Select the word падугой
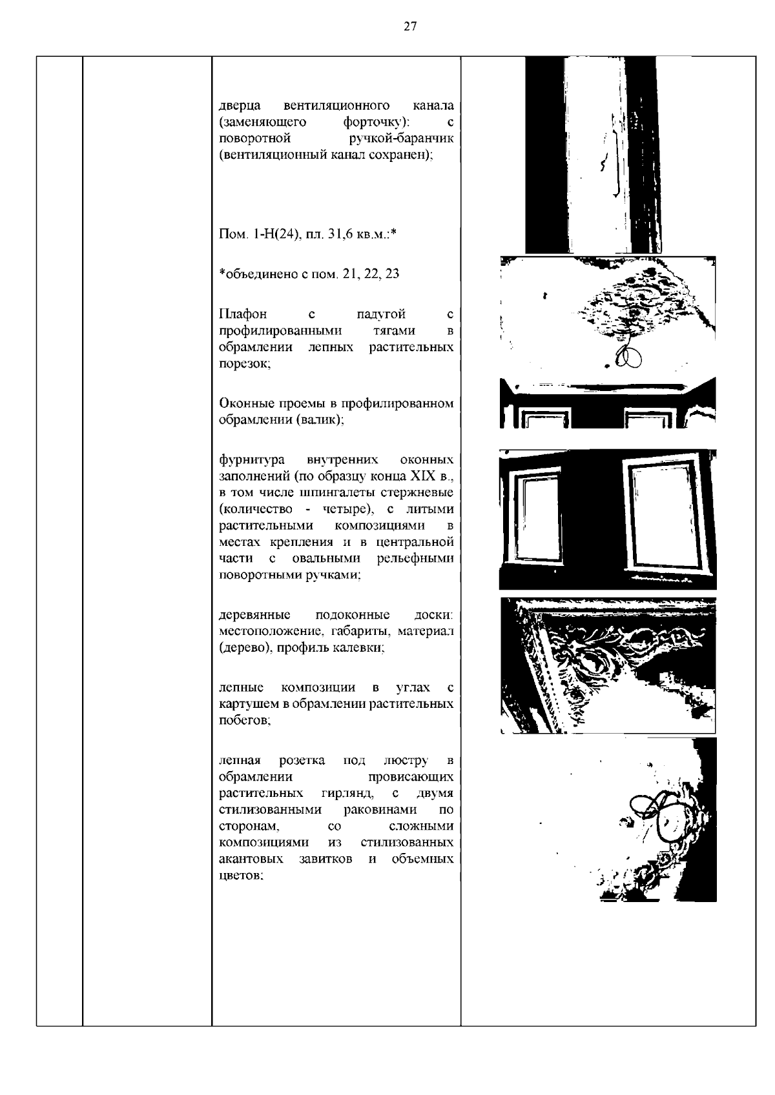pyautogui.click(x=381, y=314)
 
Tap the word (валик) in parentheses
pyautogui.click(x=320, y=420)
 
